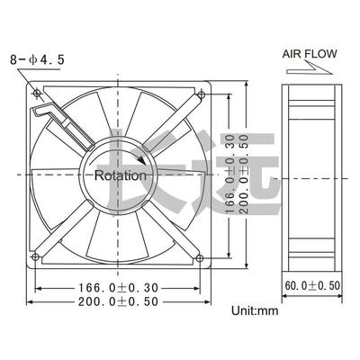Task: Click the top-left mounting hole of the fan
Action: point(36,94)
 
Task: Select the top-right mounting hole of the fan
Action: point(201,94)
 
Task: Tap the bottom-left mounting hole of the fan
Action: point(36,257)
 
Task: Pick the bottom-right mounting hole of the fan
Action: point(201,257)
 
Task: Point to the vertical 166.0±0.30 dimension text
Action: point(232,175)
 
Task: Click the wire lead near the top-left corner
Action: point(50,118)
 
